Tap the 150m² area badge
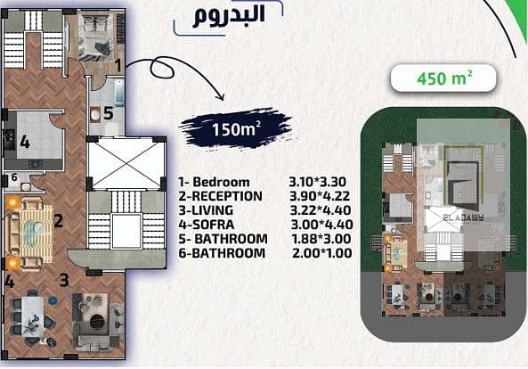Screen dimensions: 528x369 [236, 128]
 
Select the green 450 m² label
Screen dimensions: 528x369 [443, 78]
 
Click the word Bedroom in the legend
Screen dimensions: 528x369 [221, 182]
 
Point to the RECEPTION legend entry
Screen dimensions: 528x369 [220, 196]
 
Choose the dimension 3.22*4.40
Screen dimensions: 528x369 [321, 210]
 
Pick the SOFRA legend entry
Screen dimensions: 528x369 [207, 225]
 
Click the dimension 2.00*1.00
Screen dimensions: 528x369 [322, 253]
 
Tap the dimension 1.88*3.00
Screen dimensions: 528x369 [321, 239]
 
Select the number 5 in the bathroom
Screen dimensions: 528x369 [108, 113]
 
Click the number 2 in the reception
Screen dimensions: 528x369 [58, 221]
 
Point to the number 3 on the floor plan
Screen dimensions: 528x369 [64, 280]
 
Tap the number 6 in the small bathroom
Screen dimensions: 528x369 [14, 176]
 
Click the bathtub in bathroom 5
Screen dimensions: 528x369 [119, 92]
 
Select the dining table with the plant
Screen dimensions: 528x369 [32, 316]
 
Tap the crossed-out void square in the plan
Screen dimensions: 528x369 [126, 163]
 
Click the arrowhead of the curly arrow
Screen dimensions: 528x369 [221, 97]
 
